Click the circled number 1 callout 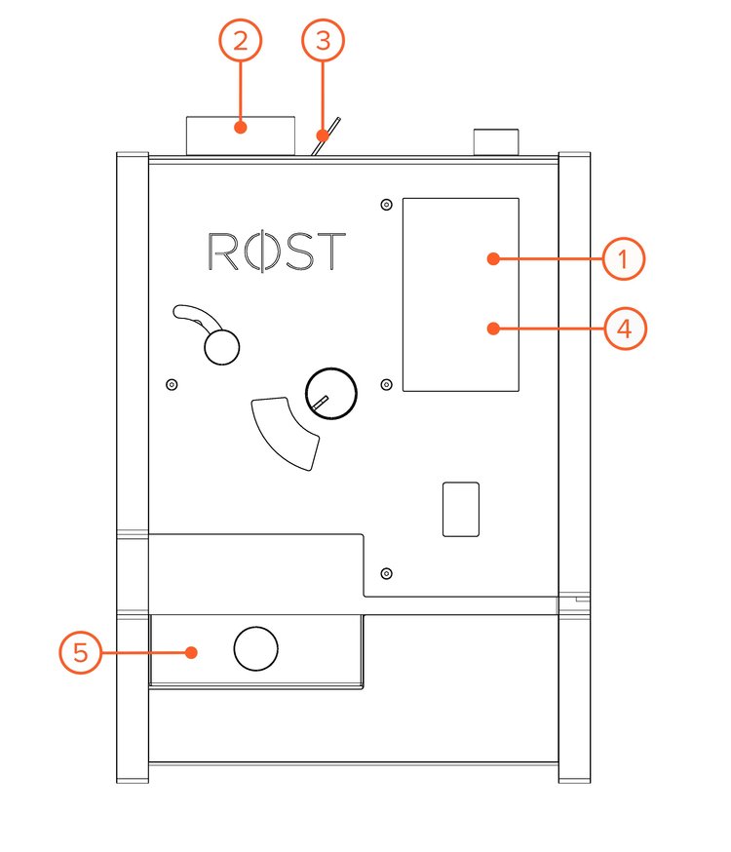tap(625, 259)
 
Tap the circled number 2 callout tap(241, 41)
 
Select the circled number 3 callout tap(324, 41)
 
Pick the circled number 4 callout tap(625, 329)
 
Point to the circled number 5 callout tap(81, 652)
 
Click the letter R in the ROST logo tap(223, 252)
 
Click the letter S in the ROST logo tap(296, 252)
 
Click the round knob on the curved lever tap(221, 345)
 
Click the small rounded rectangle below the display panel tap(461, 508)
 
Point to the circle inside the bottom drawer tap(256, 648)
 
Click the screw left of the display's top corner tap(387, 204)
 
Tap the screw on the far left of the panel tap(172, 384)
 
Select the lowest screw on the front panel tap(387, 572)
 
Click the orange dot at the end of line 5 tap(194, 652)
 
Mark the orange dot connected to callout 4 tap(494, 329)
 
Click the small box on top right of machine tap(497, 141)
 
